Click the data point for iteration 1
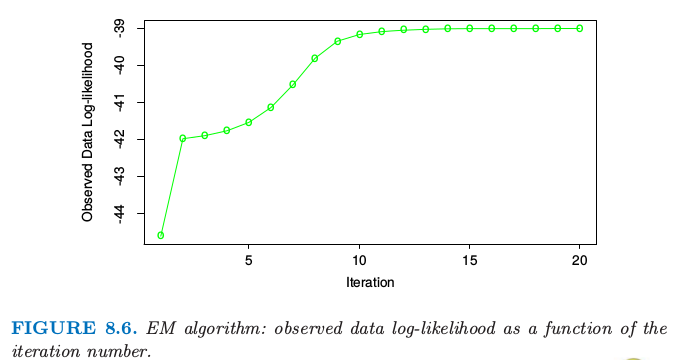pos(160,236)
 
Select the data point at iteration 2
pos(182,139)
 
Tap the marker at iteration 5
pos(249,123)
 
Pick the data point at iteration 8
pos(315,58)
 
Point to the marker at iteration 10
pos(359,34)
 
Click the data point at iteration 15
pos(470,29)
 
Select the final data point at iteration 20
pos(580,29)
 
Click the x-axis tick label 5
pos(249,260)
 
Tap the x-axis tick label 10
pos(359,260)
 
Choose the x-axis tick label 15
pos(470,260)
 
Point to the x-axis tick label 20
pos(579,260)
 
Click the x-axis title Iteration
pos(370,283)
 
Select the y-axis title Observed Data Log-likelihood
pos(88,132)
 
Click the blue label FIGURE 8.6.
pos(74,328)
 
